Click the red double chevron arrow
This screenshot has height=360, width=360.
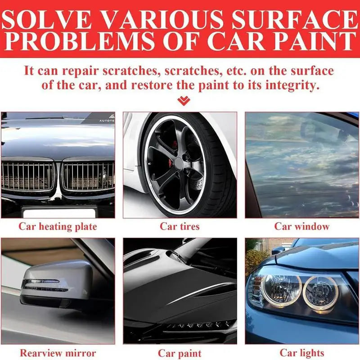click(184, 101)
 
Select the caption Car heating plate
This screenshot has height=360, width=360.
click(58, 227)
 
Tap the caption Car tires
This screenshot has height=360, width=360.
click(180, 226)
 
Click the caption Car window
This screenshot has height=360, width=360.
click(302, 226)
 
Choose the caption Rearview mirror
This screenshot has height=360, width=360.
click(58, 353)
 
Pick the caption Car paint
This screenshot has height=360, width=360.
click(180, 353)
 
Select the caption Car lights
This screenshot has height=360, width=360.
click(302, 353)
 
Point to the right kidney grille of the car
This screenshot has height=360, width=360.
click(88, 175)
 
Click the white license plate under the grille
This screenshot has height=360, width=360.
click(59, 213)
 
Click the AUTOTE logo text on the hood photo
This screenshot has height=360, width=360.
click(107, 121)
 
